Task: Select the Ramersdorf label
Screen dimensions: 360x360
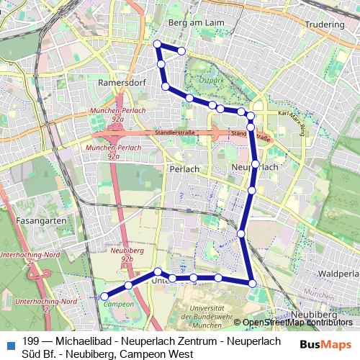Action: [x=120, y=83]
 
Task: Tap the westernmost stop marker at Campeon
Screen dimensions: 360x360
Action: [x=104, y=296]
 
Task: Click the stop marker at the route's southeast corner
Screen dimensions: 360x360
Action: [x=252, y=283]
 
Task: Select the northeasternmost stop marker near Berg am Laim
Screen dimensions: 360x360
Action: [x=182, y=50]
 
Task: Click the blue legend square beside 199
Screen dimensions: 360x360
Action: [x=10, y=343]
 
